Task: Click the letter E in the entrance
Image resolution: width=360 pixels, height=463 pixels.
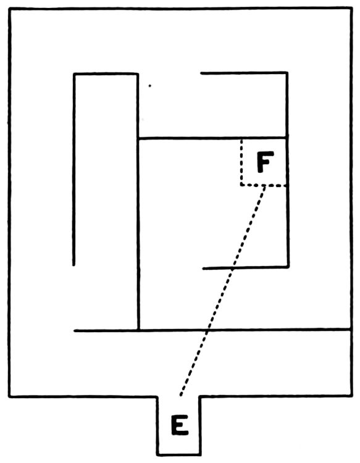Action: (180, 425)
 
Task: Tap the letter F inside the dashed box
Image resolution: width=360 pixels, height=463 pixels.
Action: (265, 162)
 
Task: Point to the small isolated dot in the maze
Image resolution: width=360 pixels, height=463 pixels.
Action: (149, 86)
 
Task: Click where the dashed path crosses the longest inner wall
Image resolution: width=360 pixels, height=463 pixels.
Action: (207, 330)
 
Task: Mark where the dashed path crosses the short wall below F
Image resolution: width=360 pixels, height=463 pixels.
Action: (232, 268)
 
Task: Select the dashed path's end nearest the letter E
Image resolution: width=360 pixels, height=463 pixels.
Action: (180, 395)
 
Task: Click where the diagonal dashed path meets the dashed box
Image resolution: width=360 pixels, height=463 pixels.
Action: (264, 185)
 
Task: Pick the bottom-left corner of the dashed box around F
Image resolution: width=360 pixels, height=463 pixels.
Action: (241, 185)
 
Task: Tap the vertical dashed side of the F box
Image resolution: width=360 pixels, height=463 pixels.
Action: (241, 162)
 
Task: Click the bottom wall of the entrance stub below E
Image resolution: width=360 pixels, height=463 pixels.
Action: (179, 454)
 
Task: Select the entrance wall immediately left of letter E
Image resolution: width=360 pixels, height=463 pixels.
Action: (157, 425)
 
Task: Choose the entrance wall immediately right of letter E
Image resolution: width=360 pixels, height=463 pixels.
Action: (200, 425)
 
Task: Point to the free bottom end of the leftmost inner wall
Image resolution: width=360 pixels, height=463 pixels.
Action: (74, 265)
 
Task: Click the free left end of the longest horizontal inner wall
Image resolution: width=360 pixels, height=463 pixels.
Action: (75, 331)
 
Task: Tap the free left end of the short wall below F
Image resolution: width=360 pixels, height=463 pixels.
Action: (204, 269)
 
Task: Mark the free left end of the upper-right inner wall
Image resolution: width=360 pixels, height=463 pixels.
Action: (202, 73)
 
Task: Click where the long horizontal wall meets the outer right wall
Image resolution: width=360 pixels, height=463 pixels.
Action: (351, 329)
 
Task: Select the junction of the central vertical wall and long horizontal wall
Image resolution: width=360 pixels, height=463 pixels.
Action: (138, 330)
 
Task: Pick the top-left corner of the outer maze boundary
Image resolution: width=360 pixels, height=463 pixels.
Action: (10, 9)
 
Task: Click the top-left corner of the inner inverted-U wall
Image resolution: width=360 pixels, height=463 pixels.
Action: (74, 74)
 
